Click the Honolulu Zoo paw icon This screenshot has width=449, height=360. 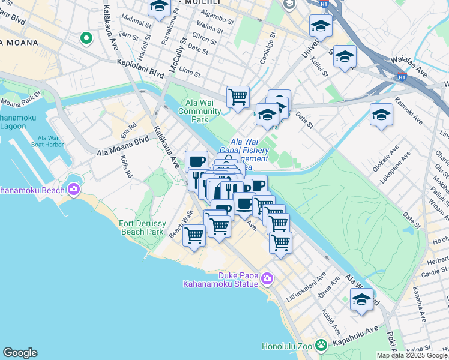click(x=322, y=345)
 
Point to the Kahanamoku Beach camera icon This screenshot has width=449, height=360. click(x=73, y=190)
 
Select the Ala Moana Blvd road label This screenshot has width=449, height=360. click(x=122, y=147)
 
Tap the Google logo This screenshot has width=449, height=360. click(x=20, y=353)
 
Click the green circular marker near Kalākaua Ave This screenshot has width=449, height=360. click(x=86, y=39)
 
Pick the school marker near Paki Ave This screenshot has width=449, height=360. click(x=361, y=299)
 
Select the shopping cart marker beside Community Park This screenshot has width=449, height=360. click(x=238, y=97)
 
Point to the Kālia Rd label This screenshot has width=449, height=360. click(x=126, y=166)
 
